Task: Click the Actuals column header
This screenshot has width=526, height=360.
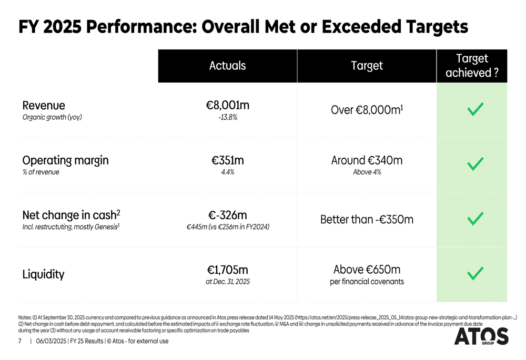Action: click(x=227, y=66)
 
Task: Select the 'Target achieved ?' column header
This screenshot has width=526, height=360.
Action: click(x=472, y=66)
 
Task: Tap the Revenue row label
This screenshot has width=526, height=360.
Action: click(x=44, y=106)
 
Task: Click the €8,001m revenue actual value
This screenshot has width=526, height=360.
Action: click(x=227, y=105)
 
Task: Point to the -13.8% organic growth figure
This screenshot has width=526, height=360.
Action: click(x=227, y=118)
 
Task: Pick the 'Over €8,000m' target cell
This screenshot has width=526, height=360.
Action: click(x=367, y=110)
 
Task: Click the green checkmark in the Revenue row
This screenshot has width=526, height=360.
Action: click(x=475, y=110)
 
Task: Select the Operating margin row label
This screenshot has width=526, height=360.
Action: click(x=65, y=160)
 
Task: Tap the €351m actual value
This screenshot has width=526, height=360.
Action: click(x=227, y=160)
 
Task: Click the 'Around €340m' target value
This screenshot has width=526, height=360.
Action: click(x=367, y=160)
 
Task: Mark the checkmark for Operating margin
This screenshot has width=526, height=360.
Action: click(x=475, y=164)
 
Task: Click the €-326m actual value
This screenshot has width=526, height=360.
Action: click(x=227, y=215)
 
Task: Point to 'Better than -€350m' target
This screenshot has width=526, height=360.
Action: click(x=367, y=219)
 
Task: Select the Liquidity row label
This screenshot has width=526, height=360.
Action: click(x=43, y=274)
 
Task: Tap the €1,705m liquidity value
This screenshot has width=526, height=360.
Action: click(x=227, y=270)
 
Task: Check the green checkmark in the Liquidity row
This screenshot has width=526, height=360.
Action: click(x=475, y=273)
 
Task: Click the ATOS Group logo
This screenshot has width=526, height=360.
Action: click(x=481, y=336)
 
